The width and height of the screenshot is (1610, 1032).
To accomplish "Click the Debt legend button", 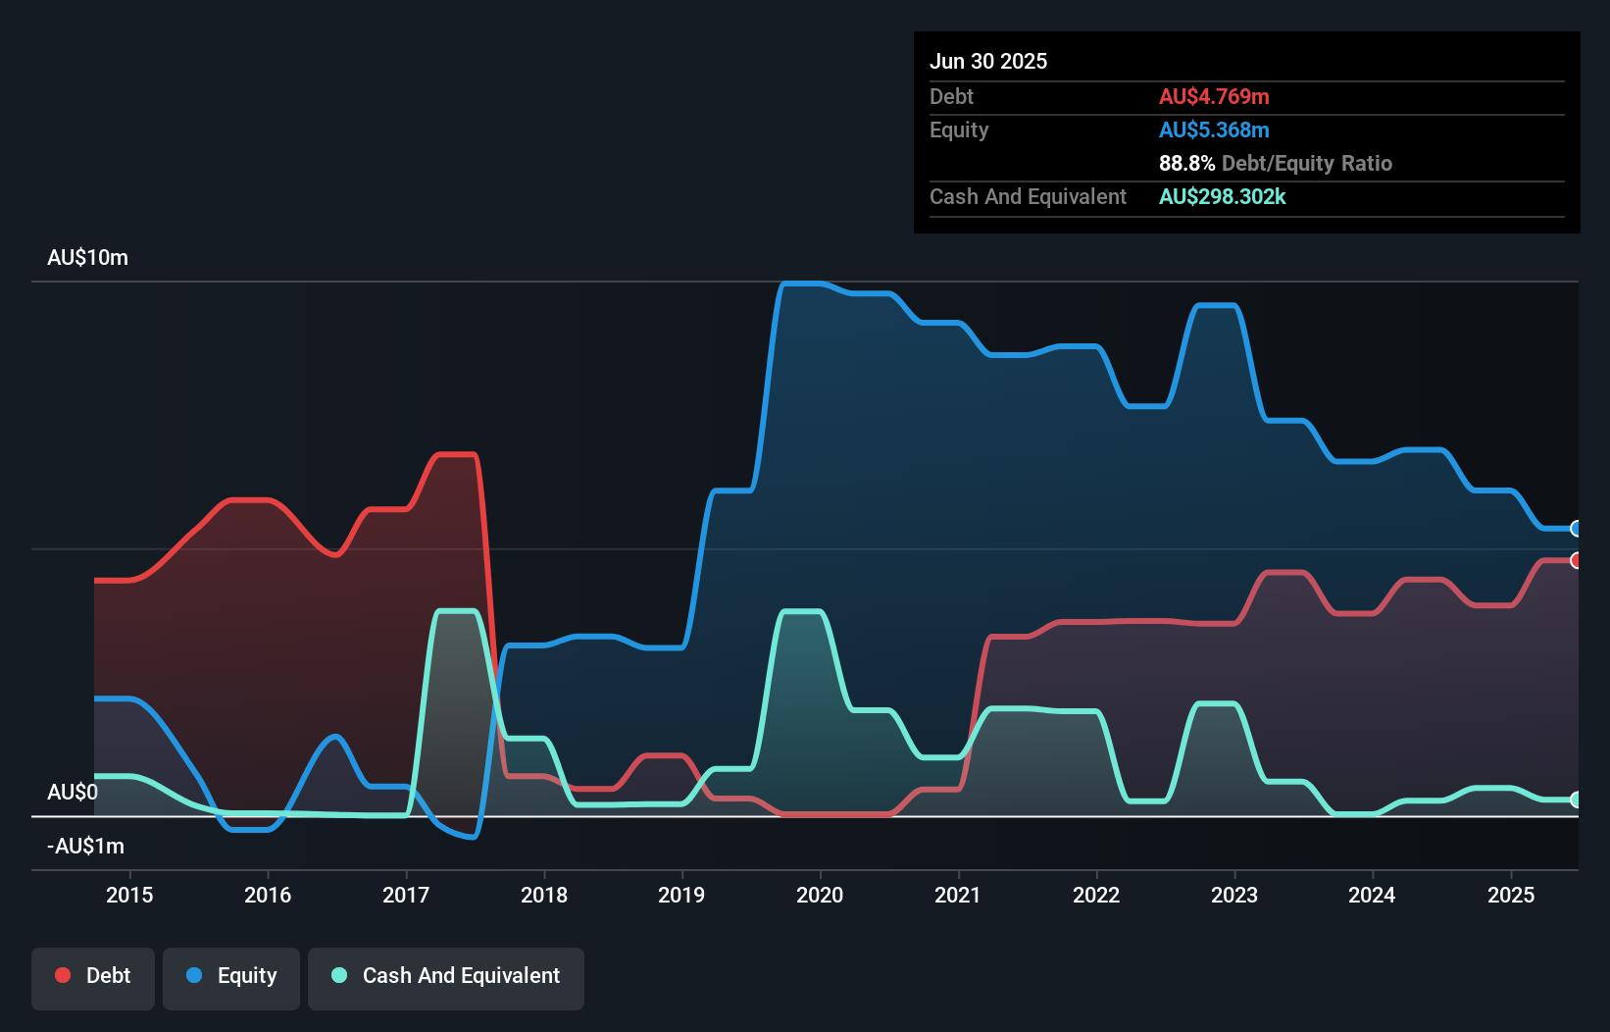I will click(x=93, y=977).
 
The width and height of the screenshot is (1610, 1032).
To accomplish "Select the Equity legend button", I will click(x=231, y=977).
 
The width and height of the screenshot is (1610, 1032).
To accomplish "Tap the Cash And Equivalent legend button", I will click(x=446, y=977).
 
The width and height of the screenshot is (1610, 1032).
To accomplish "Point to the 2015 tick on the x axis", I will click(x=129, y=895).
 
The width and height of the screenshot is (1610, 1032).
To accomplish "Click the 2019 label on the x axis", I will click(x=681, y=895).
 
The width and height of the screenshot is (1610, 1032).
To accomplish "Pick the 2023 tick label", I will click(x=1233, y=895).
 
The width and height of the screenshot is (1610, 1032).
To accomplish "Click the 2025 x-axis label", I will click(x=1510, y=895).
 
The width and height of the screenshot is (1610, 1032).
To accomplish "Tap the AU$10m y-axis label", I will click(x=87, y=258).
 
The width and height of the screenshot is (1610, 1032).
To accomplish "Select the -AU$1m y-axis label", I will click(x=85, y=847).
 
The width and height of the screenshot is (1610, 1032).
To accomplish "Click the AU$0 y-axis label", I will click(x=72, y=793).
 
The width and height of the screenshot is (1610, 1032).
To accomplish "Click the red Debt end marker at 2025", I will click(x=1576, y=560).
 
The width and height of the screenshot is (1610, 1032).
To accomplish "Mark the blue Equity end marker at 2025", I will click(x=1576, y=529).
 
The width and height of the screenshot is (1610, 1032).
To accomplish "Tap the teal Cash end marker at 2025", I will click(x=1576, y=800).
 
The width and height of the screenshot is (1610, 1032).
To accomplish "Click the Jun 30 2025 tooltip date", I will click(x=988, y=62).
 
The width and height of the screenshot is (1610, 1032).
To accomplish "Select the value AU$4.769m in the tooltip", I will click(x=1214, y=97).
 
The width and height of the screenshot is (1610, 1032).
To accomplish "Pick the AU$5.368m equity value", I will click(x=1214, y=130).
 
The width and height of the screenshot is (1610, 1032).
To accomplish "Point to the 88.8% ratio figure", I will click(x=1186, y=164).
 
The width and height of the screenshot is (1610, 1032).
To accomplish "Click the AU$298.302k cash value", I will click(x=1222, y=197).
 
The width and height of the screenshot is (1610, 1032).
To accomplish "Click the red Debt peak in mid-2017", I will click(x=455, y=454).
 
